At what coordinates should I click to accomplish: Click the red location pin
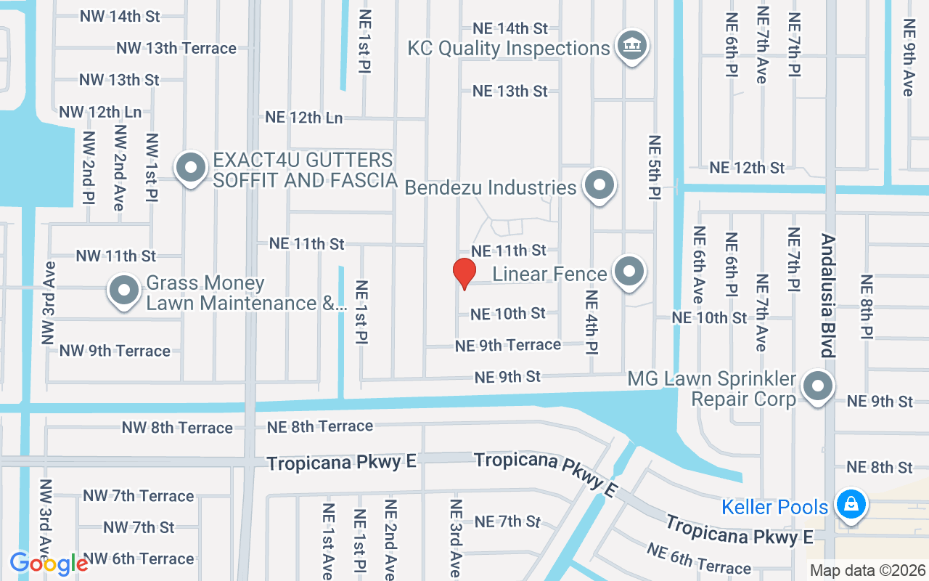(464, 274)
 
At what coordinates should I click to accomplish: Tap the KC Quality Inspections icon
(631, 46)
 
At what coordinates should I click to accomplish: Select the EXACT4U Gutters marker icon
(191, 168)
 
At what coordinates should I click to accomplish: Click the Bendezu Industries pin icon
(599, 185)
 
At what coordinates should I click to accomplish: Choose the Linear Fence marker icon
(629, 272)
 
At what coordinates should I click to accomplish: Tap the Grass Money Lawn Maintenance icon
(124, 290)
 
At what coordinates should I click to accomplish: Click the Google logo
(49, 564)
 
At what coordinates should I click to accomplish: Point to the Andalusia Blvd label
(827, 295)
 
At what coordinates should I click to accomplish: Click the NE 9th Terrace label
(508, 345)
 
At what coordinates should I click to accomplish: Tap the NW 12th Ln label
(100, 112)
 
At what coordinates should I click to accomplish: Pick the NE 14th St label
(510, 28)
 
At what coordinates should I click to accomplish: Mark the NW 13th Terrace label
(176, 48)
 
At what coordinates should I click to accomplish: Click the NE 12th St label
(747, 167)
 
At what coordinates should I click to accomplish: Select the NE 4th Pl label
(592, 322)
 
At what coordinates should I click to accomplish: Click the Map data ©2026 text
(867, 570)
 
